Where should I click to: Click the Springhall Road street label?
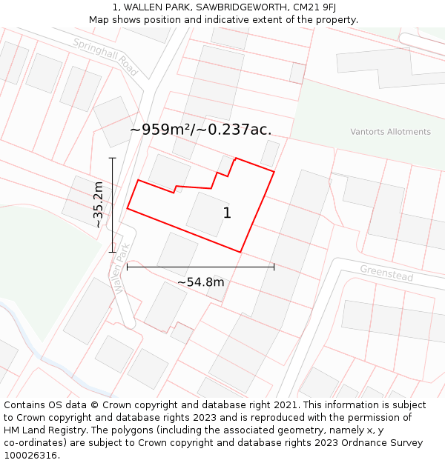click(x=105, y=57)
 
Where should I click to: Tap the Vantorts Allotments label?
click(x=390, y=132)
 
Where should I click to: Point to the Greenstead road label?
click(x=386, y=273)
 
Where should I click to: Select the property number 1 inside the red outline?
click(x=227, y=213)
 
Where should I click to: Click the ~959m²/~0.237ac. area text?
click(x=200, y=130)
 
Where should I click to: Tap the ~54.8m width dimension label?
click(x=200, y=282)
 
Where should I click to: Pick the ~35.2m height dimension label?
click(x=98, y=205)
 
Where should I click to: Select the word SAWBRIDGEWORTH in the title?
click(x=238, y=7)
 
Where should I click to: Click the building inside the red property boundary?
click(x=208, y=215)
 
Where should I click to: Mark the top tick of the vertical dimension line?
click(x=113, y=158)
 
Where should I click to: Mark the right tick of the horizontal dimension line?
click(x=274, y=267)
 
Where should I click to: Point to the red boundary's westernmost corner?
click(x=128, y=208)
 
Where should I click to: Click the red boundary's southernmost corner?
click(x=241, y=252)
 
